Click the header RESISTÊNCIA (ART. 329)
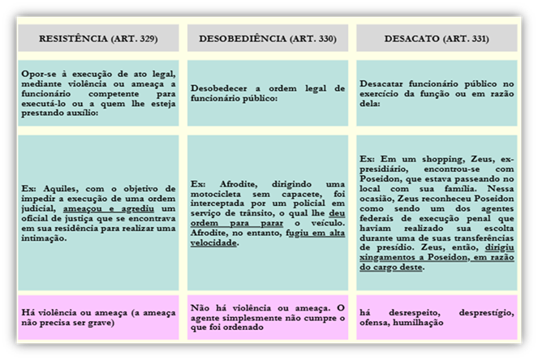click(98, 39)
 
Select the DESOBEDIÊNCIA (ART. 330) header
click(267, 39)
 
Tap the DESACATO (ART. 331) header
click(436, 39)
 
